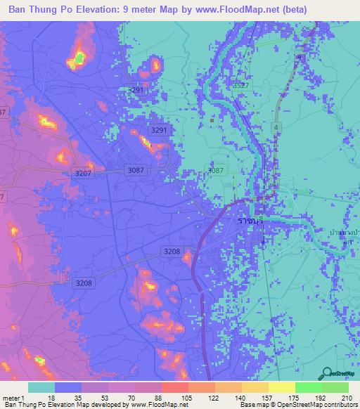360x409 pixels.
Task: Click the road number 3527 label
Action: click(x=240, y=85)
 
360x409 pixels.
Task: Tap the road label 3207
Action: click(x=84, y=173)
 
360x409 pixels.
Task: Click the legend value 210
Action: click(x=346, y=397)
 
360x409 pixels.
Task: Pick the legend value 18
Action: click(x=51, y=397)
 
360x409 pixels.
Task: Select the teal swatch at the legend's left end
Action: click(x=41, y=387)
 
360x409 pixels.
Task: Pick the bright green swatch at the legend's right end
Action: click(x=335, y=387)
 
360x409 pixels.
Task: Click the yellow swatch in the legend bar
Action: click(x=281, y=387)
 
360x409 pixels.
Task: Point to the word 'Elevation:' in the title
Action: click(x=103, y=10)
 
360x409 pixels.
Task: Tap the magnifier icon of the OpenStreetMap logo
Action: click(x=328, y=374)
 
